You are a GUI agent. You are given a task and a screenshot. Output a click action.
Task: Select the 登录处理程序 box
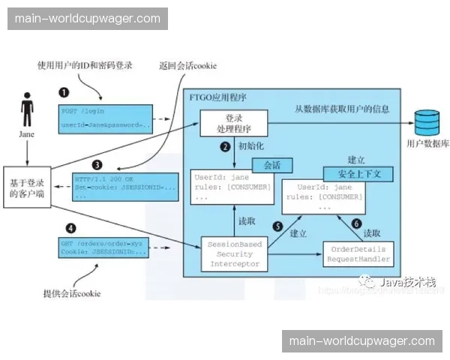pos(234,124)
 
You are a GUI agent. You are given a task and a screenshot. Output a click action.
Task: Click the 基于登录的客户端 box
pos(27,188)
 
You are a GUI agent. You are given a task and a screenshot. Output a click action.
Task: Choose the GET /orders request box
pos(103,247)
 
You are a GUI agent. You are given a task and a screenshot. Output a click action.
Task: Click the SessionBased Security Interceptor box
pos(234,254)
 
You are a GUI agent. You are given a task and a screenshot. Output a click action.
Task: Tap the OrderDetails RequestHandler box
pos(358,254)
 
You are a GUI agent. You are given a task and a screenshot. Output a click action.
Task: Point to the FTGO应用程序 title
pos(222,97)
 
